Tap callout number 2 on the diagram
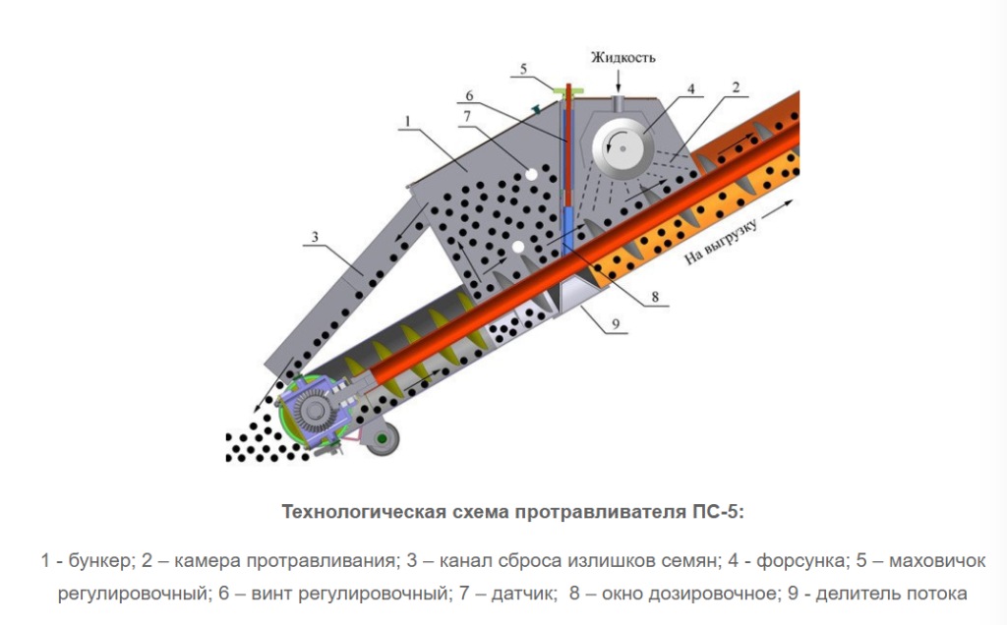734,87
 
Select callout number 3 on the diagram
316,236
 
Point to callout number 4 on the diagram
690,88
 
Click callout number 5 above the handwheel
524,69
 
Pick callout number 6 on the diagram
469,95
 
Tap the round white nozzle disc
622,145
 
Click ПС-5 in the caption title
718,512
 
